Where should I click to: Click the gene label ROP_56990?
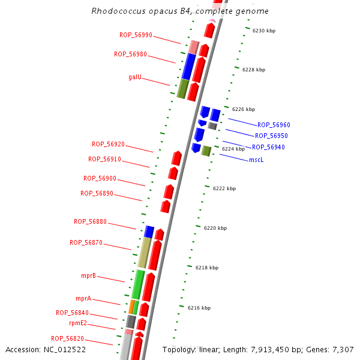136,35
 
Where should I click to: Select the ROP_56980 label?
130,54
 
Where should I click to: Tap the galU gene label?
135,77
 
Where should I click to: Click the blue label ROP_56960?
274,125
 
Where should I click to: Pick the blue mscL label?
256,160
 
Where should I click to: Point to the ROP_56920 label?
108,144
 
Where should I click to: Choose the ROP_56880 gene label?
90,221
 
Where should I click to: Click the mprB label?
88,275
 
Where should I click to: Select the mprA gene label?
83,298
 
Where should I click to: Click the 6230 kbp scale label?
264,30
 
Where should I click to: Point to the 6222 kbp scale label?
224,188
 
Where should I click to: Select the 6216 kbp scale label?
199,308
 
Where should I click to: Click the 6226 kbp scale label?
244,109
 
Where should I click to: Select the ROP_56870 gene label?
86,242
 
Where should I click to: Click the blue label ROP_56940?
268,147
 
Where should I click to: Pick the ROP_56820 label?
67,338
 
